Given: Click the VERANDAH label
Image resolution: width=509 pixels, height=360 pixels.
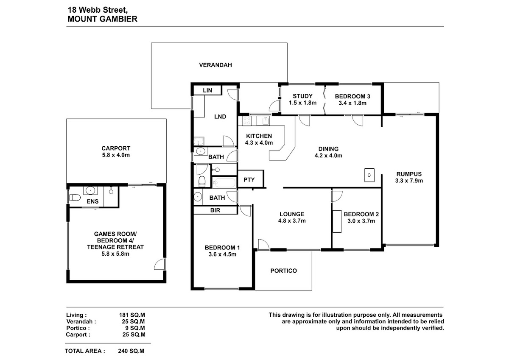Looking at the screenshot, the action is [x=215, y=65].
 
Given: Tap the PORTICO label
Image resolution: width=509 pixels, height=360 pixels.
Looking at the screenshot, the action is [x=284, y=271].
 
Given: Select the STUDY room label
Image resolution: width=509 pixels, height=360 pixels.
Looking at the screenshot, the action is [x=302, y=96].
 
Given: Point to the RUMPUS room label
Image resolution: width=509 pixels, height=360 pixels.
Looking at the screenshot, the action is [x=409, y=174].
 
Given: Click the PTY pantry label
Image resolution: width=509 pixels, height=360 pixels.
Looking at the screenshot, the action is [x=249, y=180].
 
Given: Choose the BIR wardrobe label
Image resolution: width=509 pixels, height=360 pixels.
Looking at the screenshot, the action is [x=215, y=210].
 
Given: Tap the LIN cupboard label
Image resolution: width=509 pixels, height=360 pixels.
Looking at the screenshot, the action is [x=207, y=90].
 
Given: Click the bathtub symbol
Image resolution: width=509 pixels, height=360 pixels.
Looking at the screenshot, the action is [x=224, y=183].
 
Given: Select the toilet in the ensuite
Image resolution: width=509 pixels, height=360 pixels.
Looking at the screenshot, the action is [x=75, y=198].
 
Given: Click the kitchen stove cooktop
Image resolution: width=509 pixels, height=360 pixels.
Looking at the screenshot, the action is [x=246, y=120].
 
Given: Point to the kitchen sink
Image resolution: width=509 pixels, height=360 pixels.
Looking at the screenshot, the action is [x=263, y=120].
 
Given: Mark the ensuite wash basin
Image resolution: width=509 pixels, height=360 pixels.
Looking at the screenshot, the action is [x=90, y=190].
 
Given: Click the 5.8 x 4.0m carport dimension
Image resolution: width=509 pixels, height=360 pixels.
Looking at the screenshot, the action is [x=116, y=155].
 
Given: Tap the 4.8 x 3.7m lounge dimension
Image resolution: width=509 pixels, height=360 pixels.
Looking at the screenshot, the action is [x=292, y=220].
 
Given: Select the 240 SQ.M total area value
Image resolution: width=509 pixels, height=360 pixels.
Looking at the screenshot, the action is [x=131, y=351].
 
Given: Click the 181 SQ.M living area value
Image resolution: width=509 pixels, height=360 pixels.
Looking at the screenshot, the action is [x=132, y=315].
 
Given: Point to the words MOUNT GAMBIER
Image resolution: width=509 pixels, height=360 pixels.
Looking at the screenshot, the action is [x=103, y=19].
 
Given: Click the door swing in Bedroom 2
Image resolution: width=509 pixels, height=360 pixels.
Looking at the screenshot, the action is [x=337, y=196].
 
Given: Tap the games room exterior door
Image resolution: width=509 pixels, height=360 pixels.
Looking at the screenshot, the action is [x=159, y=264].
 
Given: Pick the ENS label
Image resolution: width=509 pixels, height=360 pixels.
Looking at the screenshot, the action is [x=93, y=201].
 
